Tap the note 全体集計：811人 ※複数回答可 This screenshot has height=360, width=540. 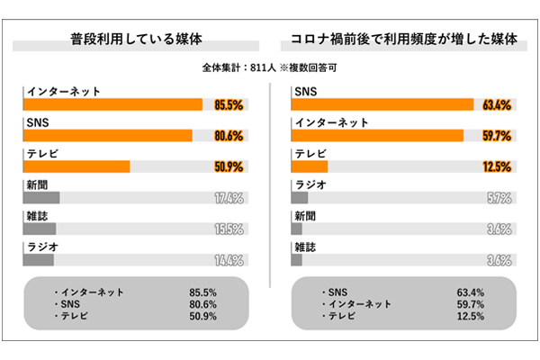[x=270, y=67]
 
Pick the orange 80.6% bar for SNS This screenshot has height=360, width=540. [x=107, y=136]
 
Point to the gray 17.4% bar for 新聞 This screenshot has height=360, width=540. [x=41, y=198]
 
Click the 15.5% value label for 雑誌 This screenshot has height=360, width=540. [x=229, y=229]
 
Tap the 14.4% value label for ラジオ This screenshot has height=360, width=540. [x=229, y=261]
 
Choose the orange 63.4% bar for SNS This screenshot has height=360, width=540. [x=383, y=104]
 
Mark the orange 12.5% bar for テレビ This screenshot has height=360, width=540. [x=310, y=166]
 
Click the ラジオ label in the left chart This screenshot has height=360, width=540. [x=41, y=247]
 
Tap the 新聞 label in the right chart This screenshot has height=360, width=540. [x=305, y=215]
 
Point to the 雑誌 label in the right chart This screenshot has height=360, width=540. [x=305, y=247]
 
